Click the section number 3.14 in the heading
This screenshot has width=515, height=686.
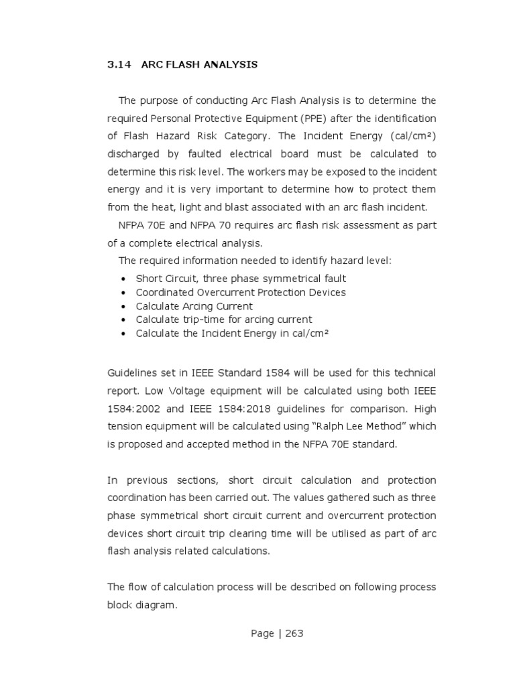[118, 65]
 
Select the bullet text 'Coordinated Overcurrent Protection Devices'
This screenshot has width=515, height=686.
[241, 292]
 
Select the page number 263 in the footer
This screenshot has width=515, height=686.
[294, 634]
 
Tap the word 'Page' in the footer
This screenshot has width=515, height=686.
[262, 634]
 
